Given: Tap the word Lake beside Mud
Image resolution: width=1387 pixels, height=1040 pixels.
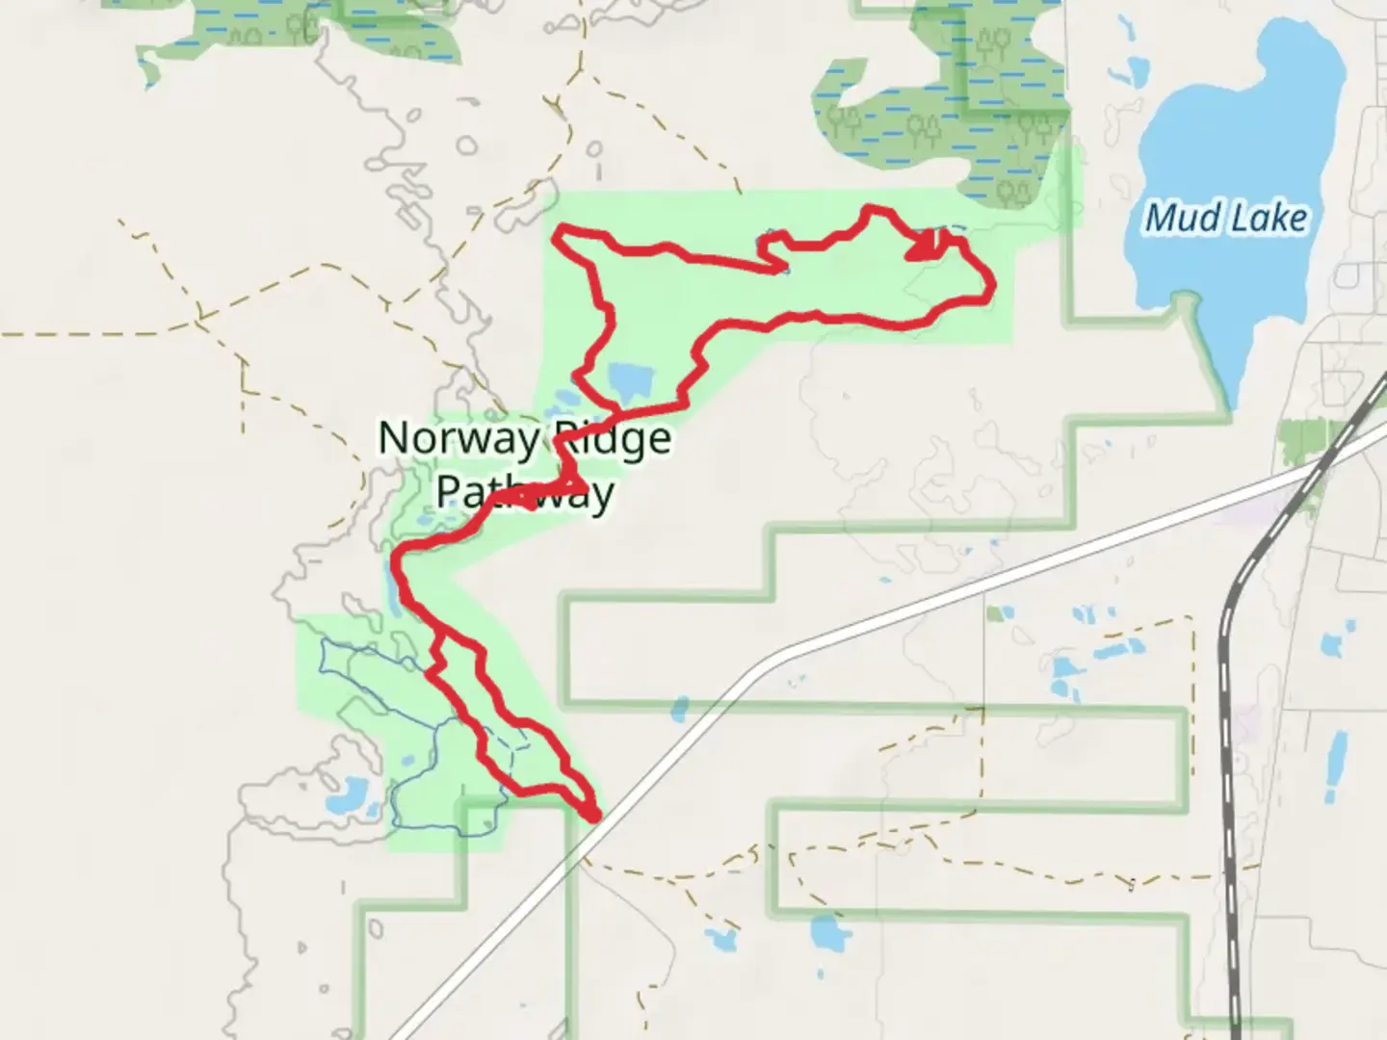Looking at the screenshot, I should [x=1267, y=219].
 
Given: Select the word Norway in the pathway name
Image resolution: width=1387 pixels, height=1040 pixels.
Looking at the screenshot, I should [x=458, y=438].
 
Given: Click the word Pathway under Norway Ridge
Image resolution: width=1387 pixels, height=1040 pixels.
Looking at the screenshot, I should [x=525, y=491].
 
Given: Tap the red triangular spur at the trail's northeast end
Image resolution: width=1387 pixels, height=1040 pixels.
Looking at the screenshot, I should [x=923, y=247].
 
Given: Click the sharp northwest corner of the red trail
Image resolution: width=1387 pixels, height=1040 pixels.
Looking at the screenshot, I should [x=560, y=232].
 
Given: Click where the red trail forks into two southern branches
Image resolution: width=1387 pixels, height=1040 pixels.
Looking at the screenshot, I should [x=439, y=635].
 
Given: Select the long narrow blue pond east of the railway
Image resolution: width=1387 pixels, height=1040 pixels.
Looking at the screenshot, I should [x=1337, y=766].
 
